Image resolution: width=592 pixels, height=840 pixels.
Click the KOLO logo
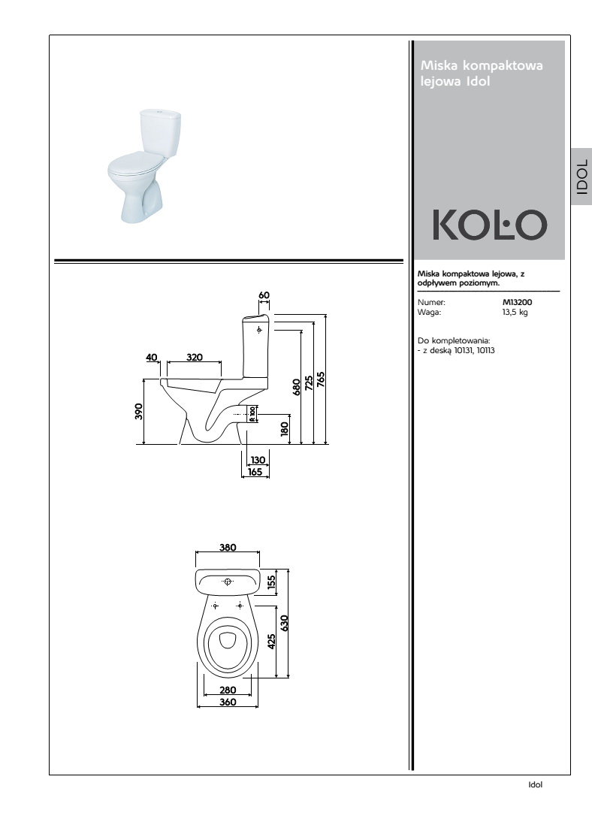[x=490, y=225]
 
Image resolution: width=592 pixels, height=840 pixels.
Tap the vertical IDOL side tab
[x=581, y=177]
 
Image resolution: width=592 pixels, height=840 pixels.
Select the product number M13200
[x=517, y=302]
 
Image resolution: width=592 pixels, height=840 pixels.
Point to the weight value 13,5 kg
[x=515, y=313]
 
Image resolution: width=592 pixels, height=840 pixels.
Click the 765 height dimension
[x=320, y=379]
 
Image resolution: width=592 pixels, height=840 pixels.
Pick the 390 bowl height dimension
[x=139, y=412]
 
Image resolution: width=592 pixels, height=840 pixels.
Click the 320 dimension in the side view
[x=195, y=358]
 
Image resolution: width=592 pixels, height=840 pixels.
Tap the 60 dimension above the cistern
[x=264, y=295]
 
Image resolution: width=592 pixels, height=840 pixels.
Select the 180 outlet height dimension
[x=285, y=428]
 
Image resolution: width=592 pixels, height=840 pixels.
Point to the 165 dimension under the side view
[x=255, y=472]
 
